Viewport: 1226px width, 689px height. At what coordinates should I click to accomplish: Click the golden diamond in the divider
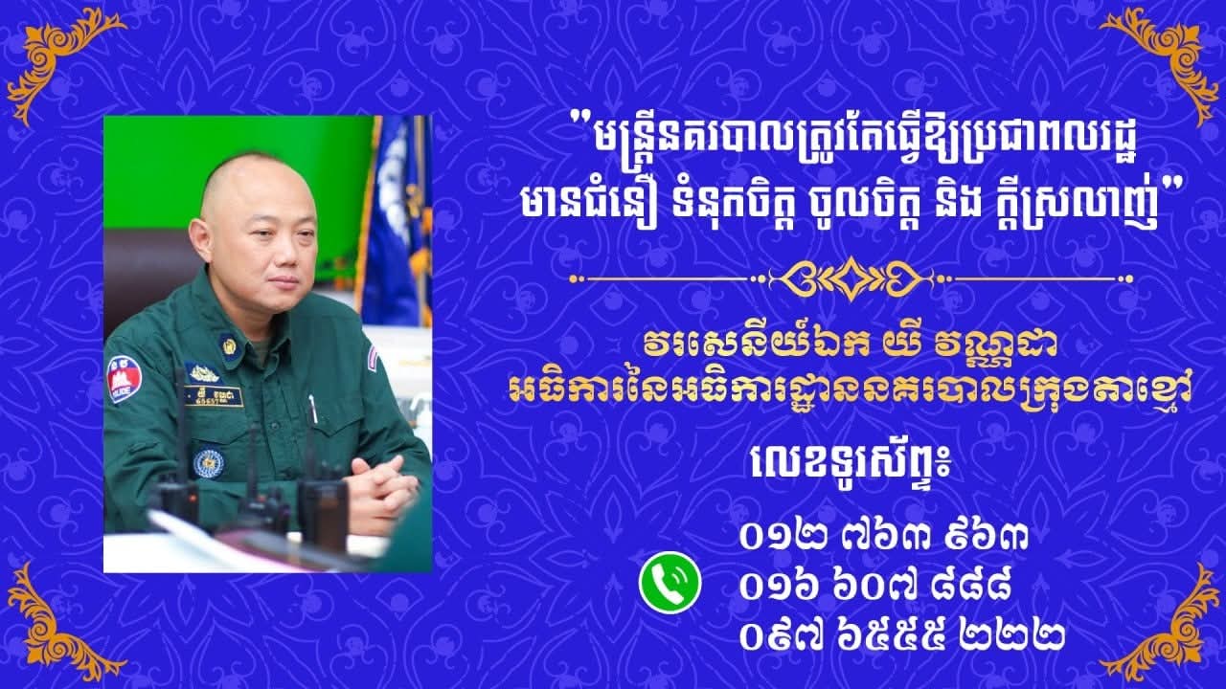click(851, 278)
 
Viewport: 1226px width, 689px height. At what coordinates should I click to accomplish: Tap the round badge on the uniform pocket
click(208, 463)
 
